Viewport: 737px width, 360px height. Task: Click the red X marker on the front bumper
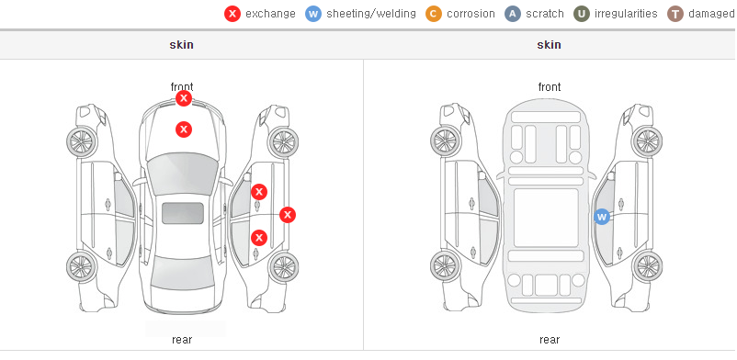coord(184,98)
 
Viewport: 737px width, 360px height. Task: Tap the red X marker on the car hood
coord(184,129)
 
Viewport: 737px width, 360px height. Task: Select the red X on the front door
coord(259,192)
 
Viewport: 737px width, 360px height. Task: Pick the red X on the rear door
coord(259,238)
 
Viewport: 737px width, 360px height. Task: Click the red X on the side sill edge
coord(288,215)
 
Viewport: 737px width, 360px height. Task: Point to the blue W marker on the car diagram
coord(602,217)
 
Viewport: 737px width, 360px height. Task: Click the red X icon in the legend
coord(232,14)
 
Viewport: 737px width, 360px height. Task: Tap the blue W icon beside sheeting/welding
coord(313,14)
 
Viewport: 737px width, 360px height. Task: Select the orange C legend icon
coord(434,14)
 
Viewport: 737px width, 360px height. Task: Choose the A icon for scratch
coord(513,14)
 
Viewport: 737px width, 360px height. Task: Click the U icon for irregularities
coord(582,14)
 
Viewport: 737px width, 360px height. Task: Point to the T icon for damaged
coord(675,14)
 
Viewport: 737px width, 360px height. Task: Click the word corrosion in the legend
coord(471,14)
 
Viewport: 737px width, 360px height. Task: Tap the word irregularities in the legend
coord(626,14)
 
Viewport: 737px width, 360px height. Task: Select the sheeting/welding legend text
coord(371,14)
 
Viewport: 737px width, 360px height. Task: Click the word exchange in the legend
coord(270,14)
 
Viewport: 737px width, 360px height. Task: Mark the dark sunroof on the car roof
coord(183,213)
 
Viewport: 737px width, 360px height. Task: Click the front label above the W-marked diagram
coord(550,87)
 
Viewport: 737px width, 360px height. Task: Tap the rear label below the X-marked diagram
coord(182,340)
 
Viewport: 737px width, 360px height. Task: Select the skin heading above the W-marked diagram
coord(549,45)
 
